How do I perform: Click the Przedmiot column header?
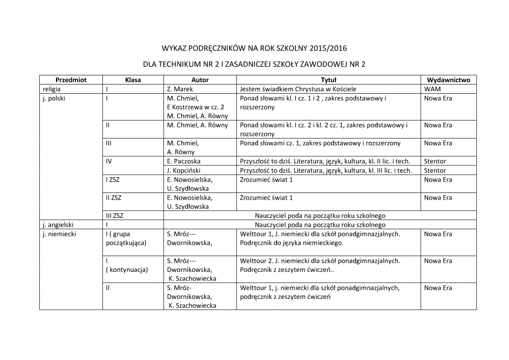point(71,80)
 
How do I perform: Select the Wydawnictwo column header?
point(448,80)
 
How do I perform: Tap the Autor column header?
point(200,80)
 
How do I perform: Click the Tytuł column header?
point(328,80)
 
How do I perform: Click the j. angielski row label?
point(59,225)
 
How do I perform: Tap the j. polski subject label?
point(55,98)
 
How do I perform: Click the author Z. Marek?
point(179,89)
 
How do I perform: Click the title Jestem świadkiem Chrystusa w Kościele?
point(301,89)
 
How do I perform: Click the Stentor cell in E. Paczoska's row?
point(435,161)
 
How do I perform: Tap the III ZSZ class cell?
point(115,215)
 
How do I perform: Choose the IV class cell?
point(109,161)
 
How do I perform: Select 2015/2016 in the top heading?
point(324,49)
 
